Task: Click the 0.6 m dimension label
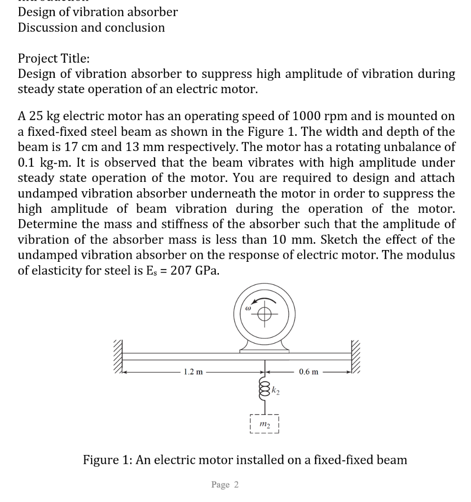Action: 308,372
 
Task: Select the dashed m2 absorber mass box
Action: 264,424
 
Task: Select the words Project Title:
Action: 53,59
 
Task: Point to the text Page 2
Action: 225,485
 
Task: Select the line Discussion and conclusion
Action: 91,27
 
